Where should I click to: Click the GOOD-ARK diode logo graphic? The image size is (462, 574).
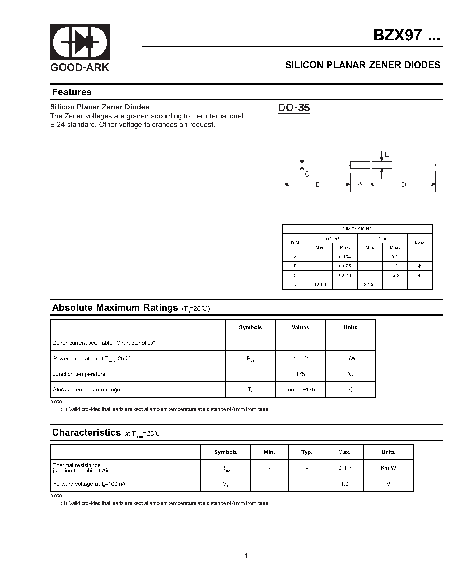80,42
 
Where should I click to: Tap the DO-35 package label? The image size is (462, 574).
294,108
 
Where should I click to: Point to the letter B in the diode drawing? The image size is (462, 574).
387,154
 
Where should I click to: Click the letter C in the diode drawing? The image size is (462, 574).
307,174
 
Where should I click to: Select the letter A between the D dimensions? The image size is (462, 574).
360,184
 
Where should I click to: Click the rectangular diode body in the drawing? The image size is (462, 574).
360,165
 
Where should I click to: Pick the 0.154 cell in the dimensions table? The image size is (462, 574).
345,257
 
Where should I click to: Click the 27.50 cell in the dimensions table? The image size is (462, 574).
370,285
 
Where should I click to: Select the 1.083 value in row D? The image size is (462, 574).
320,285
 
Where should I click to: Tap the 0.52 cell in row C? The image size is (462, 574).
395,276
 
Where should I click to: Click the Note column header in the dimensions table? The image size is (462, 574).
419,243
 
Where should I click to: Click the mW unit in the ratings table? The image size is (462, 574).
351,359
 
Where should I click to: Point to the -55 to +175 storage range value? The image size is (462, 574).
300,390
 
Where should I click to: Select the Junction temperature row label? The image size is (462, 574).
79,374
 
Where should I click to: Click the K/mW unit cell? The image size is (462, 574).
388,468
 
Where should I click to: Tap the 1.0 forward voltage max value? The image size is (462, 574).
344,484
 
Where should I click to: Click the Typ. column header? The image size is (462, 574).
307,452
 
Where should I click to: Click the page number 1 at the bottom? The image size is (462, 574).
246,556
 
